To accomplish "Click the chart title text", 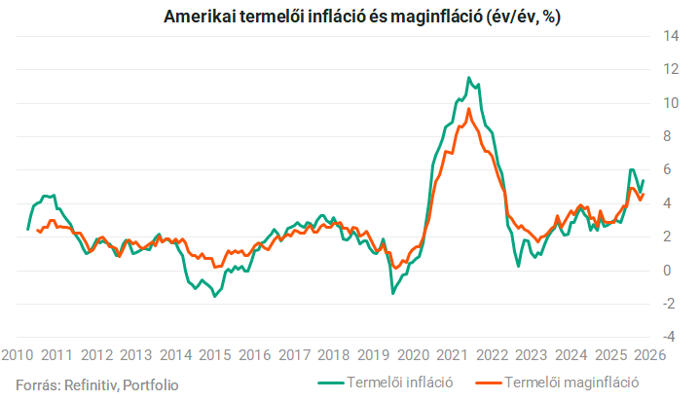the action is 361,17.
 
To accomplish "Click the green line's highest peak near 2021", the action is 468,77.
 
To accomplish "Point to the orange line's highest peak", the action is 468,108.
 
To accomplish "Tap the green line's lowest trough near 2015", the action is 215,296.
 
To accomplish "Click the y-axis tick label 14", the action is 671,36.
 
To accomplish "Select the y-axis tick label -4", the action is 669,337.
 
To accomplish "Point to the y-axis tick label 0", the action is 667,271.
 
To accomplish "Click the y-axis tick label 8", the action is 667,136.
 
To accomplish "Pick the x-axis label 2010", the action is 17,355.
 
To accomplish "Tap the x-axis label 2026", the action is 649,355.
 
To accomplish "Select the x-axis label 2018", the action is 334,355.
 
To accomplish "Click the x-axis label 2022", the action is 492,355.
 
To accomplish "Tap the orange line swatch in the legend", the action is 490,383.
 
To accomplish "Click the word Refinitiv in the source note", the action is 91,384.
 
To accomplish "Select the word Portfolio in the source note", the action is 151,384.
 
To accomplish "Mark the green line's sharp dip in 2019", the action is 393,293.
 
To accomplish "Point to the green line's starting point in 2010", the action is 27,230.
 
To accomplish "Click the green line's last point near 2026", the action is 643,180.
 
